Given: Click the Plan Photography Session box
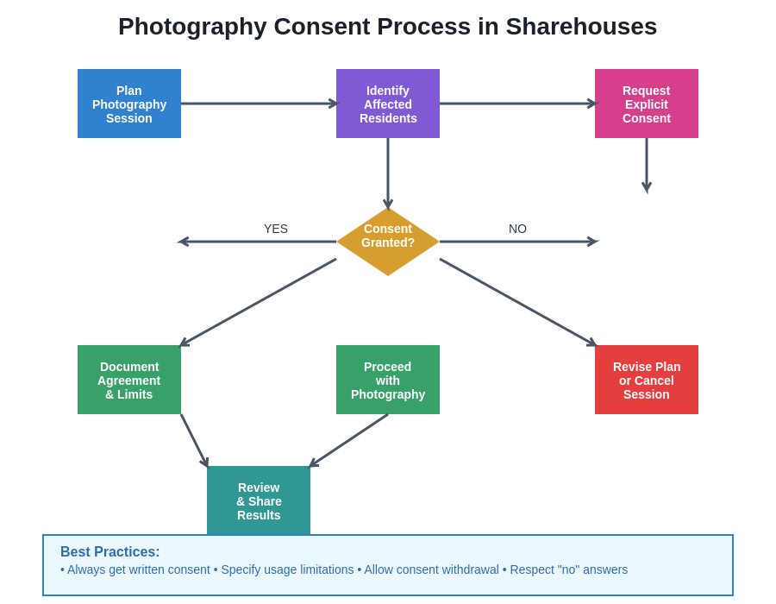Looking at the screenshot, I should click(129, 104).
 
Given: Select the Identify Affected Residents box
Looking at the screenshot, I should click(388, 104).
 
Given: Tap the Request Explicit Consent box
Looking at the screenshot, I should click(647, 104).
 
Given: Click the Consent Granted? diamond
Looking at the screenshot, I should click(388, 242).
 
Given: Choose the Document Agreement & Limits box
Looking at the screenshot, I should click(129, 380).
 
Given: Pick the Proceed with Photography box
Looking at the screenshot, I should click(388, 380).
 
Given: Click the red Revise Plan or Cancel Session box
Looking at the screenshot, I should click(647, 380).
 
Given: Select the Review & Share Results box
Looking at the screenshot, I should click(259, 500).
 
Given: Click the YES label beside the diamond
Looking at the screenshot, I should click(276, 229).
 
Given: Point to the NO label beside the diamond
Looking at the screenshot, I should click(517, 229).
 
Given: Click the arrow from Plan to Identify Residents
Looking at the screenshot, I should click(259, 104).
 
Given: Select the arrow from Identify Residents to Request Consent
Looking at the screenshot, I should click(517, 104).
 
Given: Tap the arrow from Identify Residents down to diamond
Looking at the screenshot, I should click(388, 173).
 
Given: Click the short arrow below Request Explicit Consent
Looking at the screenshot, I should click(647, 164).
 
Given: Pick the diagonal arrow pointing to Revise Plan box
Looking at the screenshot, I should click(517, 302).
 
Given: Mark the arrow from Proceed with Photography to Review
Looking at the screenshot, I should click(349, 440).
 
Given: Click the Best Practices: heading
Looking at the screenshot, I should click(110, 552).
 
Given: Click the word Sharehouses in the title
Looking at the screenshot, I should click(581, 27).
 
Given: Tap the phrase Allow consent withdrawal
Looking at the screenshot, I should click(431, 569).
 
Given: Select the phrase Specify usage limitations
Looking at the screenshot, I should click(287, 569).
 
